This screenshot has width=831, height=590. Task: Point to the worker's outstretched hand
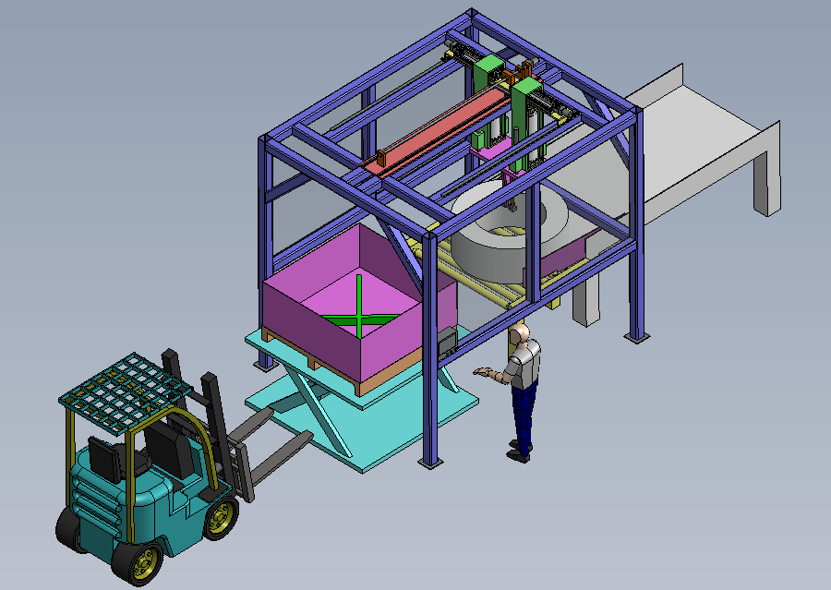479,371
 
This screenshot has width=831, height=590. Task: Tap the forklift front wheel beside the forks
220,517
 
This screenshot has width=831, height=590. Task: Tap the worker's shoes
519,452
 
